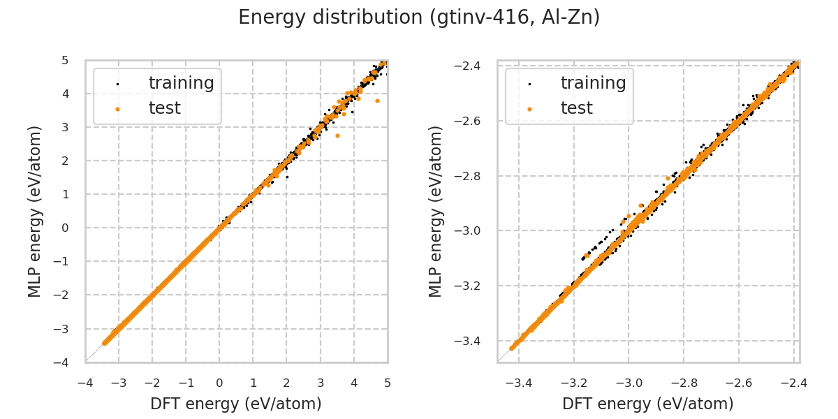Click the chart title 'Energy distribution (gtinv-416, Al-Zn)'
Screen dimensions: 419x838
pos(419,17)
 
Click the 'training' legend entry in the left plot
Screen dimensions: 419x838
pos(181,83)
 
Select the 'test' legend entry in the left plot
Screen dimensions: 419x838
pos(164,108)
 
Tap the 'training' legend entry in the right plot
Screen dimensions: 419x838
pos(593,83)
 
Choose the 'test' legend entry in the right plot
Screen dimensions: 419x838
pos(576,108)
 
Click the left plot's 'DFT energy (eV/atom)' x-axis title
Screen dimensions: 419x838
pos(236,404)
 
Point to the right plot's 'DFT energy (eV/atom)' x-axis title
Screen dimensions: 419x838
pos(648,404)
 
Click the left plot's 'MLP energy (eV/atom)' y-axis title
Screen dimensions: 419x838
pos(36,211)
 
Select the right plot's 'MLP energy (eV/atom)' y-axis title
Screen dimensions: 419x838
pos(436,211)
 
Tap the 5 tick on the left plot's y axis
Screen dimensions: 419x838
pos(65,60)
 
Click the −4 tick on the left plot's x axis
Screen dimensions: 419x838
pos(85,383)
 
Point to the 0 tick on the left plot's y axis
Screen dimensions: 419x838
pos(65,228)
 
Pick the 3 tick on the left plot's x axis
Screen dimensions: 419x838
pos(321,383)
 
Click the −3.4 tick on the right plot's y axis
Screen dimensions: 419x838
pos(472,341)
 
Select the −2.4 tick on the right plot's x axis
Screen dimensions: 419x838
pos(794,383)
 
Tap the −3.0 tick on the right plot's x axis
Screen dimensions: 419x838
pos(628,383)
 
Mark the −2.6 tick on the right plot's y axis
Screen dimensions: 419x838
pos(472,121)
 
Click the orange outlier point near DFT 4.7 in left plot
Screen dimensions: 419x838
pos(377,101)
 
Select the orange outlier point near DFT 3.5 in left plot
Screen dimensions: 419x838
pos(337,135)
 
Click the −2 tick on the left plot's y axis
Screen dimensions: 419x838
pos(65,295)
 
